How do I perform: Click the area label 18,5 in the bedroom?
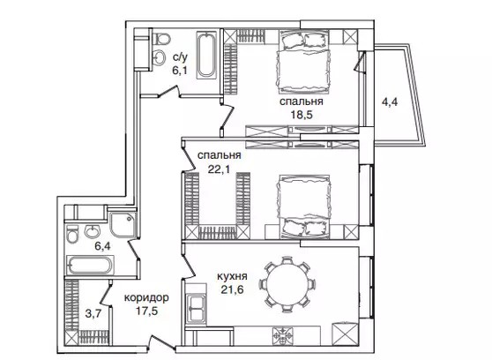click(302, 115)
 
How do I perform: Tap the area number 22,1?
click(219, 169)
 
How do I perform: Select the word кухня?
click(232, 276)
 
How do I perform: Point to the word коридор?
click(146, 298)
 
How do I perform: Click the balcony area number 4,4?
click(390, 101)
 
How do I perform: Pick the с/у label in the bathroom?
click(180, 57)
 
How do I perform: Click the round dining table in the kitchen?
click(286, 285)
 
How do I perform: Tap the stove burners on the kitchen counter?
click(283, 336)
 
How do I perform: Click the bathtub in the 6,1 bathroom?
click(206, 55)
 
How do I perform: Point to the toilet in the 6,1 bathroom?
click(161, 39)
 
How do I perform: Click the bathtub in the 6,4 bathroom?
click(90, 266)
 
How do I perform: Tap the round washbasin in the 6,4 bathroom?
click(92, 231)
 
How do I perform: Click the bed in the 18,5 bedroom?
click(303, 62)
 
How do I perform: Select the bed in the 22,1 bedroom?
click(303, 206)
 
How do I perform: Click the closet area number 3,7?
click(93, 313)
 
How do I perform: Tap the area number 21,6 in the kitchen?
click(232, 289)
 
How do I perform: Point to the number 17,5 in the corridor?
click(146, 311)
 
